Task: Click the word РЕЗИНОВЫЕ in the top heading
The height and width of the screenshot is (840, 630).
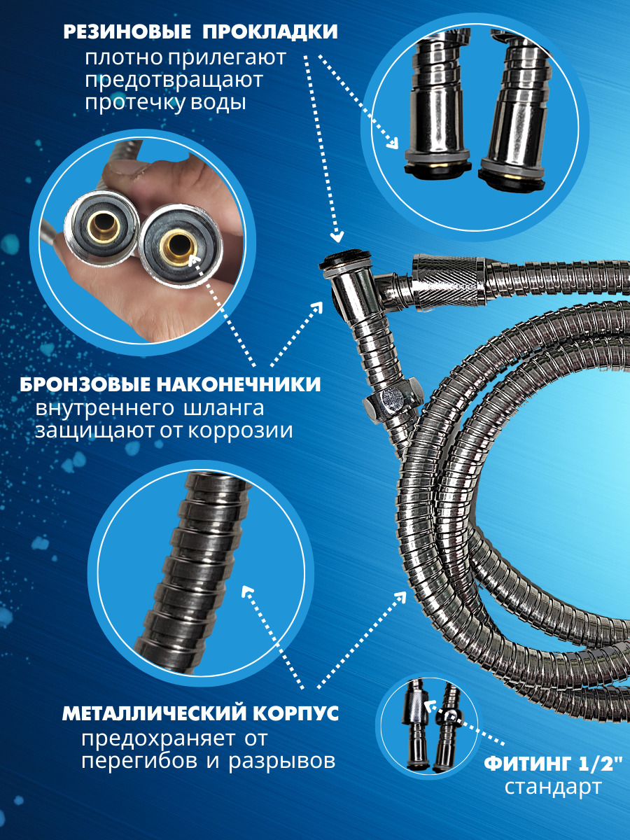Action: [127, 32]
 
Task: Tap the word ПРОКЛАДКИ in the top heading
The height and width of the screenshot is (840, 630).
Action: [270, 32]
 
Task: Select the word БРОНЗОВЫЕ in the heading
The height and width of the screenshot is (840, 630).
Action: [85, 384]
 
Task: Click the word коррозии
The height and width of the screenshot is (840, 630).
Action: [240, 431]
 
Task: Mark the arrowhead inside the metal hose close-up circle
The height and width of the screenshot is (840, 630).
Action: [248, 591]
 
